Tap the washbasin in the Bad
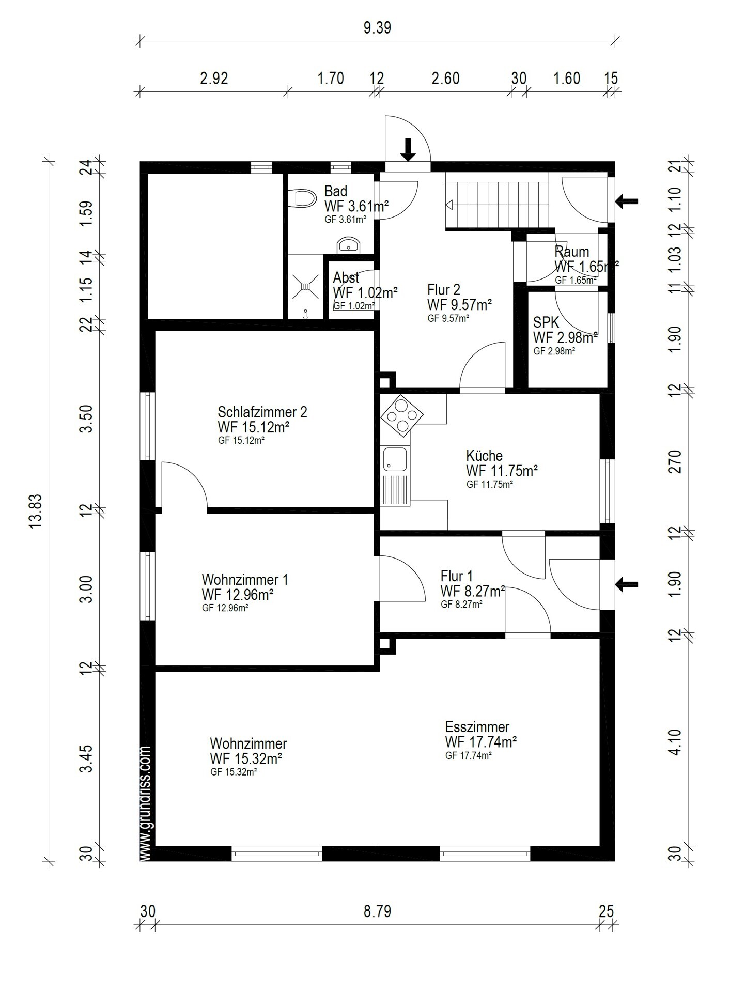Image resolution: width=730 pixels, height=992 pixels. pos(350,245)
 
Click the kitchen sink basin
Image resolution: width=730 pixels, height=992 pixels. pos(395,460)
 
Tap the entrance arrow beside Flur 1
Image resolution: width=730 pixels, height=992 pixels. pos(627,584)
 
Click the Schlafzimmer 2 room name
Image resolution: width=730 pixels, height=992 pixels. pos(262,412)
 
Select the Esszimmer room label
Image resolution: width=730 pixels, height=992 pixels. pos(477,726)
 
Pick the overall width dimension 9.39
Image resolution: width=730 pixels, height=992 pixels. pos(377,27)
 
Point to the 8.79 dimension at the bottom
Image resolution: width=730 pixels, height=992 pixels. pos(377,911)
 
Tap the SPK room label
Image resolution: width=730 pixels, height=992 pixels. pos(546,322)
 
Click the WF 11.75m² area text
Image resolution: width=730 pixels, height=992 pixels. pos(502,471)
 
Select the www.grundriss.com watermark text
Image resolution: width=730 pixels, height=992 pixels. pos(146,802)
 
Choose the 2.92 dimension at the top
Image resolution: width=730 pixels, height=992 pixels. pos(214,78)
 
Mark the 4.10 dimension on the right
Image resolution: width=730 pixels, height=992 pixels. pos(675,742)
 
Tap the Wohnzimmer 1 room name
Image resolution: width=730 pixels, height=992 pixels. pos(245,579)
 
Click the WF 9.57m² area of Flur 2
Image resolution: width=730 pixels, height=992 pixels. pos(459,304)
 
